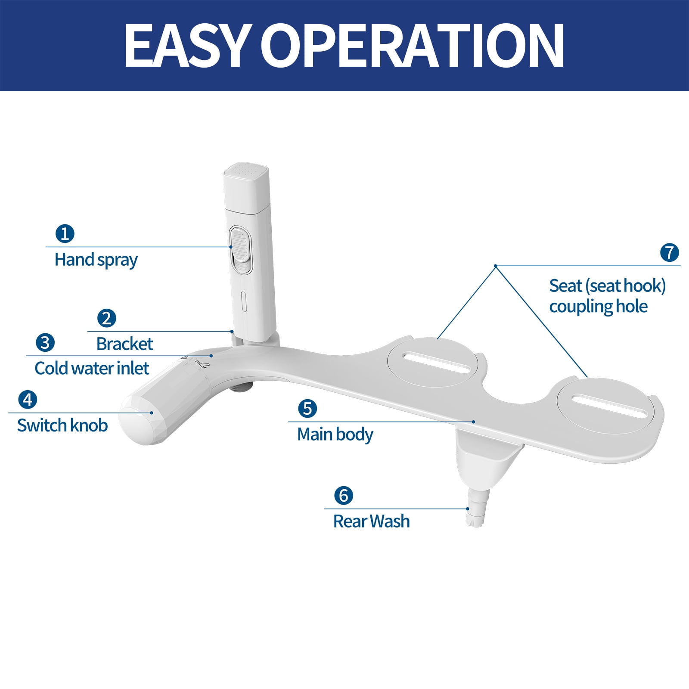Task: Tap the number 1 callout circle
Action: click(x=65, y=234)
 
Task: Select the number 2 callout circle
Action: click(x=107, y=318)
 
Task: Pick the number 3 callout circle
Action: click(x=45, y=343)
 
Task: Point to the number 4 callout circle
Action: click(x=28, y=400)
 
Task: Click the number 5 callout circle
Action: click(x=307, y=409)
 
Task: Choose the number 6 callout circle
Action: click(x=344, y=496)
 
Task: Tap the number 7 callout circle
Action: click(x=670, y=253)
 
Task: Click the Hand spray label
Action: click(x=96, y=261)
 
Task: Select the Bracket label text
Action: click(x=125, y=344)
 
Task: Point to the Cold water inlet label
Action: click(x=92, y=369)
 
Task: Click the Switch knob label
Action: click(x=62, y=425)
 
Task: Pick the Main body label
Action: click(x=335, y=435)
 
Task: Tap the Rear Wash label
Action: click(x=372, y=521)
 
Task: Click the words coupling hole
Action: click(x=599, y=307)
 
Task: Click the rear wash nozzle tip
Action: click(x=475, y=518)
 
